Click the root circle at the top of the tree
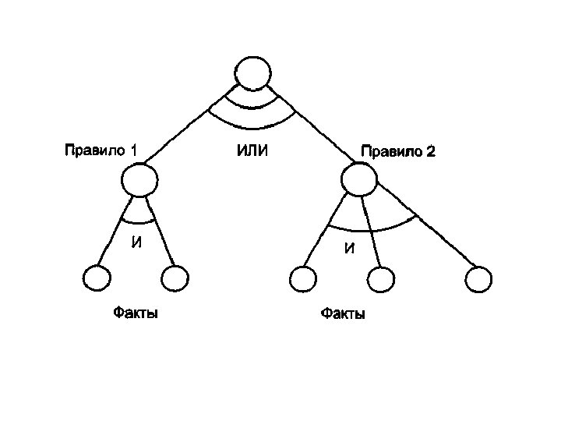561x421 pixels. click(253, 74)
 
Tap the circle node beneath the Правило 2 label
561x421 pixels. click(360, 181)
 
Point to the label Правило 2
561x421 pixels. click(397, 151)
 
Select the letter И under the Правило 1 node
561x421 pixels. click(137, 242)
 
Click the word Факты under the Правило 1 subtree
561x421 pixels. click(135, 313)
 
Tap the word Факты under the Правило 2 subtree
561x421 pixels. click(343, 314)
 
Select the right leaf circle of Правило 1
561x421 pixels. click(175, 278)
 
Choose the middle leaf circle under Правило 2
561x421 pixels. click(379, 278)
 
